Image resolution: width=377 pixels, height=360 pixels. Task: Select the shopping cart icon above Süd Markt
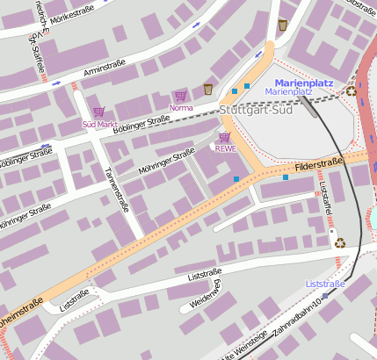pos(98,112)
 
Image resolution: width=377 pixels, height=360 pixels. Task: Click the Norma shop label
pos(180,107)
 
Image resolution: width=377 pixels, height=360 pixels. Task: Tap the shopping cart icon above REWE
pos(225,137)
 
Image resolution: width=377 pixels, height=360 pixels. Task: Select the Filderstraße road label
pos(320,163)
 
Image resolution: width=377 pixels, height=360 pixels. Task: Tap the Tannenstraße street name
pos(116,187)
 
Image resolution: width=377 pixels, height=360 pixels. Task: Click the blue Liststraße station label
pos(325,284)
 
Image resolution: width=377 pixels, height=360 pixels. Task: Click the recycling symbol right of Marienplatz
pos(352,90)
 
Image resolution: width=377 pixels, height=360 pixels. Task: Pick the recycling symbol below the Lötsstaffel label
pos(340,243)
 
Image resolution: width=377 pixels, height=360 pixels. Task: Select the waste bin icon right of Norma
pos(208,88)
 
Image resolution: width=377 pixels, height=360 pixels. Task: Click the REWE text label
pos(225,148)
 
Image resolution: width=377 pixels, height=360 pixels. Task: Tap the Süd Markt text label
pos(98,124)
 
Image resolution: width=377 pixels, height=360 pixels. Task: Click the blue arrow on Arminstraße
pos(56,83)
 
